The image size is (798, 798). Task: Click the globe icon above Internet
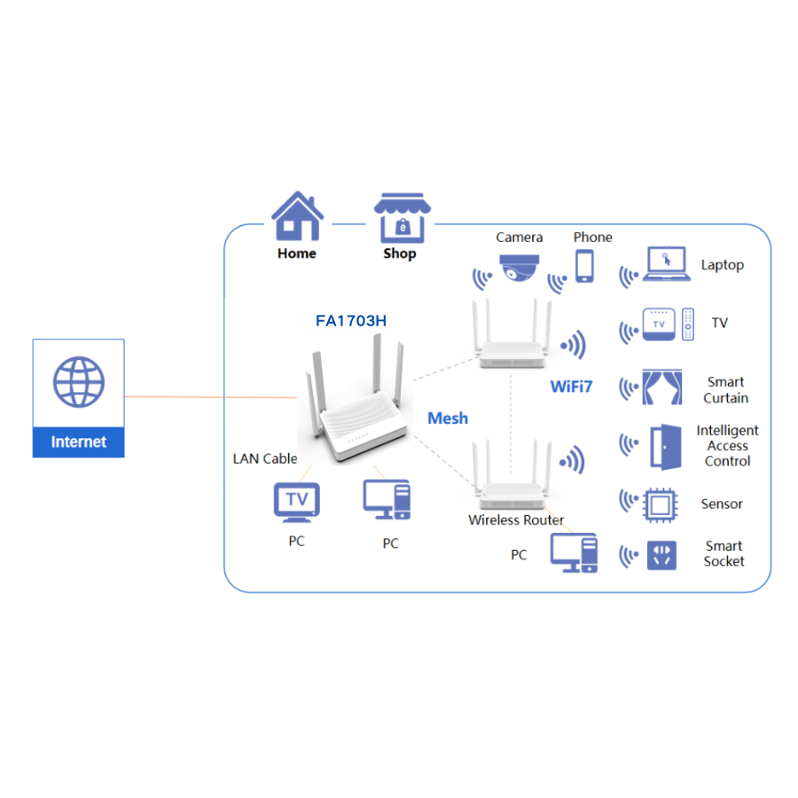(78, 382)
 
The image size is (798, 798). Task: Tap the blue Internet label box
(78, 442)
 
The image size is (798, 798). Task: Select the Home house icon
(296, 216)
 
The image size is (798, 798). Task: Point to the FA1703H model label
(351, 321)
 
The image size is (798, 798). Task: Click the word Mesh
(448, 419)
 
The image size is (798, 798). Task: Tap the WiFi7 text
(571, 387)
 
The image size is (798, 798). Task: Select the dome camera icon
(519, 268)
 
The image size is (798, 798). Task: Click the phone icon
(584, 265)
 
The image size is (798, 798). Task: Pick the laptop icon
(666, 265)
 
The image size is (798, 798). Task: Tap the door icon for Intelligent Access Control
(664, 446)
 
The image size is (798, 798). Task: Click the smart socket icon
(661, 555)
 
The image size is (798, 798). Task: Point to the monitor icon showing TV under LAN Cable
(296, 503)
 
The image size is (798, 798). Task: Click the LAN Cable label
(264, 458)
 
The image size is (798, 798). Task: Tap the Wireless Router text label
(516, 520)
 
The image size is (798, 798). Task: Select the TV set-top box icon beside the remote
(658, 325)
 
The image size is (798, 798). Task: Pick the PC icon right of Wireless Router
(574, 552)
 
